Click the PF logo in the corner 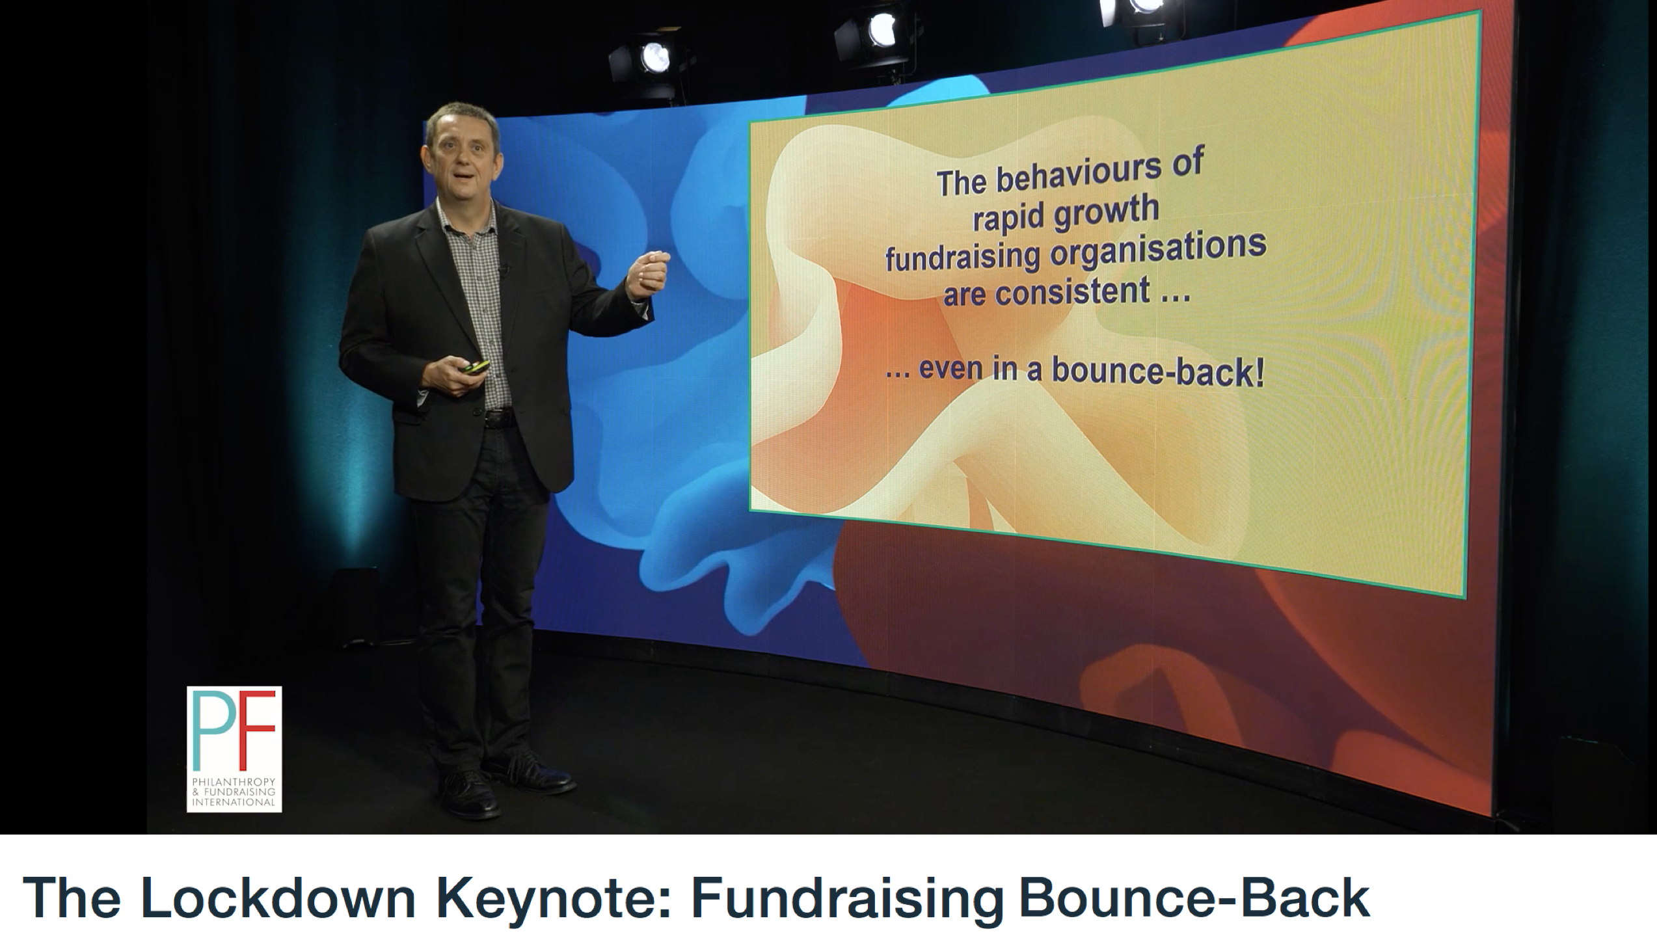[x=234, y=749]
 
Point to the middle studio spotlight [x=875, y=33]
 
